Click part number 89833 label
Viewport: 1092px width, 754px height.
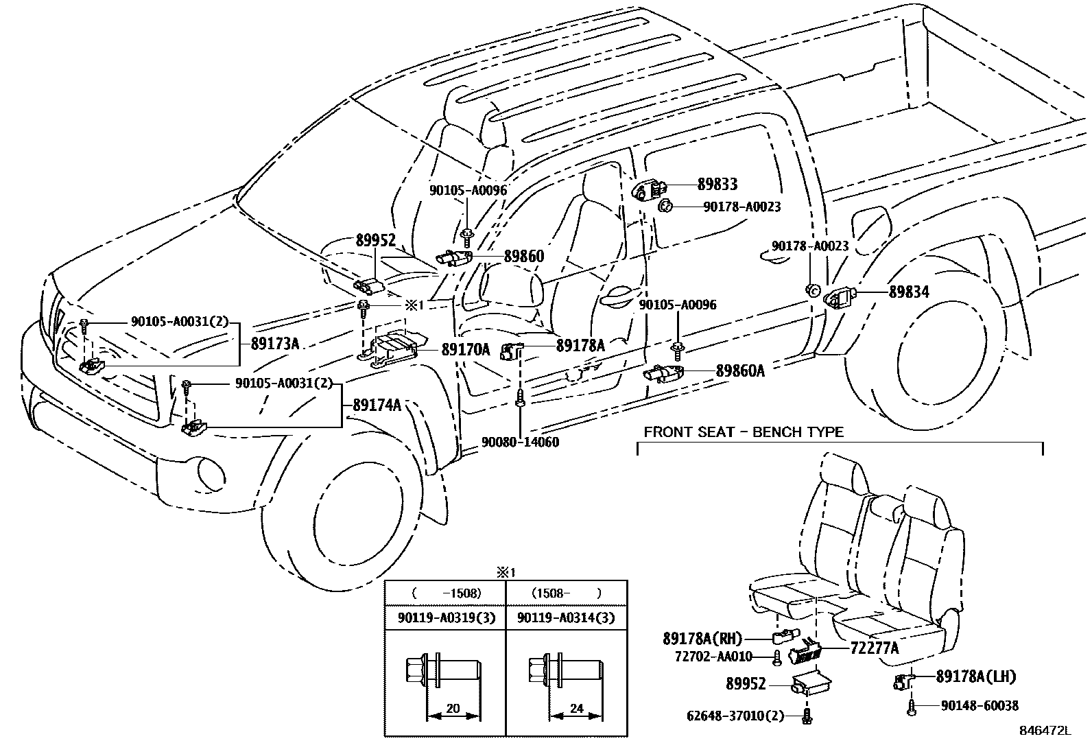pyautogui.click(x=717, y=184)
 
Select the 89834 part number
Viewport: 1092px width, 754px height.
pyautogui.click(x=909, y=292)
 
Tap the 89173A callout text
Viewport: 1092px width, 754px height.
pyautogui.click(x=275, y=344)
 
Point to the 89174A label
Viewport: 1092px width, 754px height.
pyautogui.click(x=377, y=405)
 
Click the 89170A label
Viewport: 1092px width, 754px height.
pyautogui.click(x=465, y=350)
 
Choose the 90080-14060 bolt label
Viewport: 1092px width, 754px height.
pyautogui.click(x=519, y=443)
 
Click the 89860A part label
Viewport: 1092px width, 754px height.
pyautogui.click(x=740, y=370)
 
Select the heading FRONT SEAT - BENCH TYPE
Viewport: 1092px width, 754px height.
pyautogui.click(x=744, y=432)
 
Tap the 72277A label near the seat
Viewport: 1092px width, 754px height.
pyautogui.click(x=875, y=647)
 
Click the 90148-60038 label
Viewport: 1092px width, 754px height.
pyautogui.click(x=980, y=705)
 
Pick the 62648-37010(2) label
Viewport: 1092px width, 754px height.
pyautogui.click(x=735, y=716)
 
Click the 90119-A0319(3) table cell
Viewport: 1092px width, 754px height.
pyautogui.click(x=444, y=618)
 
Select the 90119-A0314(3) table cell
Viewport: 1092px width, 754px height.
pyautogui.click(x=566, y=618)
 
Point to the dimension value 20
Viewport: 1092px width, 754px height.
pyautogui.click(x=453, y=709)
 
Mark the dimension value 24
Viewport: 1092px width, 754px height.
pyautogui.click(x=576, y=709)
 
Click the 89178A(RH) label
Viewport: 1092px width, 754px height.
pyautogui.click(x=702, y=638)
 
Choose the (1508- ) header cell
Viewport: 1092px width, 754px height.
pyautogui.click(x=566, y=593)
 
